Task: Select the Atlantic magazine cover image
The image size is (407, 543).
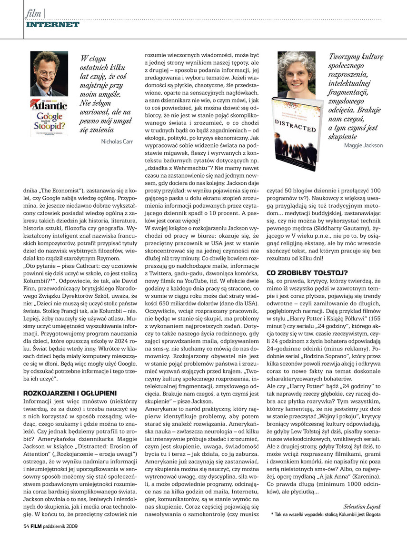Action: (x=49, y=117)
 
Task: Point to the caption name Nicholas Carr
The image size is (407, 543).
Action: (x=117, y=141)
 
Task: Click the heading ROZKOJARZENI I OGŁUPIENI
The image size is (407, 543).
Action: (x=70, y=393)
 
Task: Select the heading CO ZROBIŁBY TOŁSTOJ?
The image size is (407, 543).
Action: (x=307, y=273)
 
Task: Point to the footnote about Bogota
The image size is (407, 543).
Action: (x=327, y=514)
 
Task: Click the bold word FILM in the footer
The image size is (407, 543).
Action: (x=39, y=526)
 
